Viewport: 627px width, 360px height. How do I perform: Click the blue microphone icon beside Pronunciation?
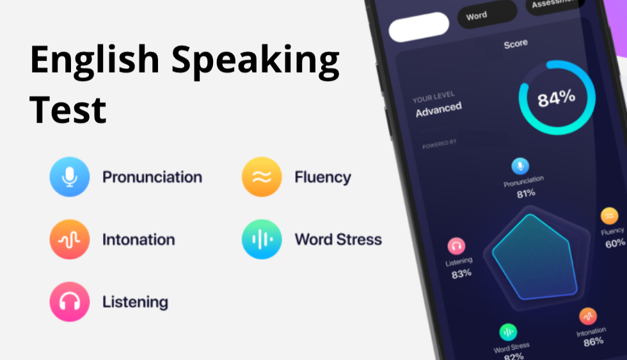[69, 177]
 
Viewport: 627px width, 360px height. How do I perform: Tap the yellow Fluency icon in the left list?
[261, 177]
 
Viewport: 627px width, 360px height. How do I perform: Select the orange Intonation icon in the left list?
[69, 240]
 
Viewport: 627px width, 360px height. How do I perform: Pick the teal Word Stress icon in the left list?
[261, 240]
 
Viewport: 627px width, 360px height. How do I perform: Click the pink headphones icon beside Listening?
[69, 302]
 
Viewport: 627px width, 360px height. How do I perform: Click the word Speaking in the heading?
[255, 61]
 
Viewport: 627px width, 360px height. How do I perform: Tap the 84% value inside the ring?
[556, 98]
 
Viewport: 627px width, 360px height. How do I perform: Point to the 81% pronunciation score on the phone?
[526, 193]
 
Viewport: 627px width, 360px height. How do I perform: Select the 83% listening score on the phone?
[461, 274]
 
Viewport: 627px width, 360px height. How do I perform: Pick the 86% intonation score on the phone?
[593, 341]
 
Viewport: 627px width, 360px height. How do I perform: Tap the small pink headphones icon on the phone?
[456, 246]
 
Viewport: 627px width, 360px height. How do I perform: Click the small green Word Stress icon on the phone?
[508, 332]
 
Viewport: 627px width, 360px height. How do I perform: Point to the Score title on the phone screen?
[516, 43]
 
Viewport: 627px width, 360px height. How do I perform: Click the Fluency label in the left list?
[322, 177]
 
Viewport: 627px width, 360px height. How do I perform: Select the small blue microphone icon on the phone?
[520, 166]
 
